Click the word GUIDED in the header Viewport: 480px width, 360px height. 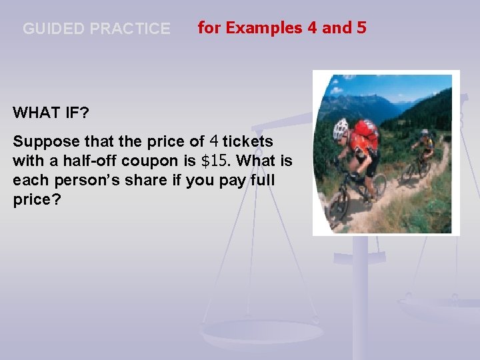click(x=53, y=29)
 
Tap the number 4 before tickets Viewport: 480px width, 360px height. click(x=214, y=141)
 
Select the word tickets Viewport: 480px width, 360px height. click(x=248, y=142)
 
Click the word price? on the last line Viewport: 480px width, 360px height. click(x=37, y=200)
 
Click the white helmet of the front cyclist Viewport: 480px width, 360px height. click(x=340, y=128)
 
